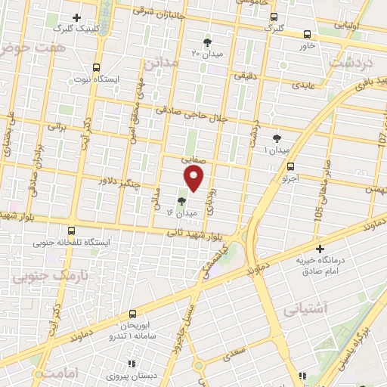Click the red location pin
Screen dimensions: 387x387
click(x=194, y=178)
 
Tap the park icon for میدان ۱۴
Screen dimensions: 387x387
click(x=181, y=201)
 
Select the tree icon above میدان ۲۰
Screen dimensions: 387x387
click(x=208, y=42)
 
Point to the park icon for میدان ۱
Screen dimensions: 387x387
click(x=277, y=138)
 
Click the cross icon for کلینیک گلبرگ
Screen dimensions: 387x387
click(x=76, y=17)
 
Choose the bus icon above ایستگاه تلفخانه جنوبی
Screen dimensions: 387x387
click(x=72, y=231)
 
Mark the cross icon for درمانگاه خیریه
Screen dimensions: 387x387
click(x=320, y=249)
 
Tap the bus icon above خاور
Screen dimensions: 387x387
click(x=306, y=34)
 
